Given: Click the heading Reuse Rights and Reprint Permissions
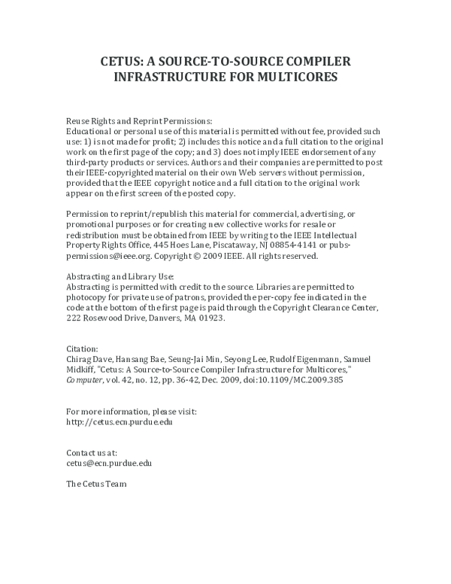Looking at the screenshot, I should coord(140,120).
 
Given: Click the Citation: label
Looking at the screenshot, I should coord(83,349).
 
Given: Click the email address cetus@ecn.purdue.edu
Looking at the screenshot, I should coord(109,464).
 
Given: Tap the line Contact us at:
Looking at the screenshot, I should coord(92,453).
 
